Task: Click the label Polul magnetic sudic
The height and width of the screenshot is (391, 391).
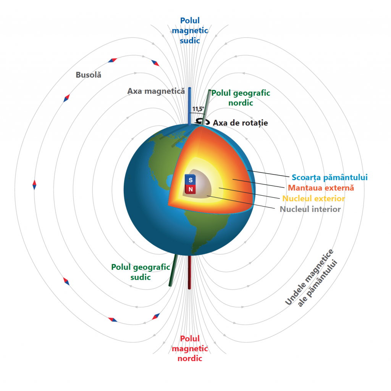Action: point(190,30)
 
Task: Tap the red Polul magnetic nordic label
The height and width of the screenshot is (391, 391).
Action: point(190,349)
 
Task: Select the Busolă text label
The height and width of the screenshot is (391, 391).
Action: point(89,75)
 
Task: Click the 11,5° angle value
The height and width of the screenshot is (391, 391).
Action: point(198,109)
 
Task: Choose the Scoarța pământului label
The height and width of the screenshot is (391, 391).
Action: point(330,177)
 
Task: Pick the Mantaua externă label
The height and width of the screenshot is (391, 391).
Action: point(321,188)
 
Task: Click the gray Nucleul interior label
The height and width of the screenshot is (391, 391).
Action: point(310,209)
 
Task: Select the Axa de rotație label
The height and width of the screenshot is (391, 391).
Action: point(240,123)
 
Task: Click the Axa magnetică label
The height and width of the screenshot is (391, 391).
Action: point(156,91)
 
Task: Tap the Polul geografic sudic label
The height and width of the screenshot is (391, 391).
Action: point(141,272)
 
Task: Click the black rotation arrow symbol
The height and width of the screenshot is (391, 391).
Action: point(203,122)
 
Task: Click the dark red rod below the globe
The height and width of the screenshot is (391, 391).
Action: point(189,272)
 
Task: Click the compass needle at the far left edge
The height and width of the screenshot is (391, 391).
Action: point(34,185)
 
